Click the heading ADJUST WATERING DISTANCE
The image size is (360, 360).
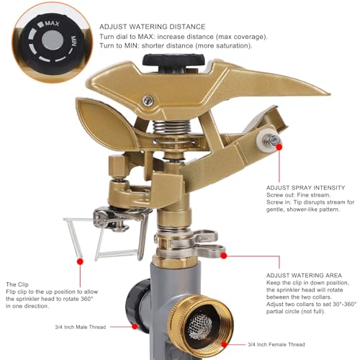[x=153, y=27]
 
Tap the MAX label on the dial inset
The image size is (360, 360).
[x=52, y=24]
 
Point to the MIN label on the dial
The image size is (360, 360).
[x=73, y=41]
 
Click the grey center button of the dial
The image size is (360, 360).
[x=53, y=40]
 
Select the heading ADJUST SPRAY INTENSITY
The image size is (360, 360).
[x=305, y=188]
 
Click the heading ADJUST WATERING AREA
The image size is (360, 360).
[x=304, y=275]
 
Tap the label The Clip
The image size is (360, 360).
[x=17, y=284]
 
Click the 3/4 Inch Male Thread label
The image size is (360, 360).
[x=81, y=327]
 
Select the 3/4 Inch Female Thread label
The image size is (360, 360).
[x=276, y=344]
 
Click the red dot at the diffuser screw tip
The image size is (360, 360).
[x=279, y=147]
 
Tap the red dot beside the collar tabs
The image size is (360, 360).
[x=224, y=256]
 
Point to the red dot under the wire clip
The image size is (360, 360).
[x=80, y=261]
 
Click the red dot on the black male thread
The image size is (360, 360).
[x=135, y=326]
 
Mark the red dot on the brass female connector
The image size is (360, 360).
[x=224, y=345]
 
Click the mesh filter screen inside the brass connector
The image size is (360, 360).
[x=199, y=326]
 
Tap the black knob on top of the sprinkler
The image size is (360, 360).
[x=174, y=62]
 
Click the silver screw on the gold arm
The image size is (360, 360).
[x=148, y=101]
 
